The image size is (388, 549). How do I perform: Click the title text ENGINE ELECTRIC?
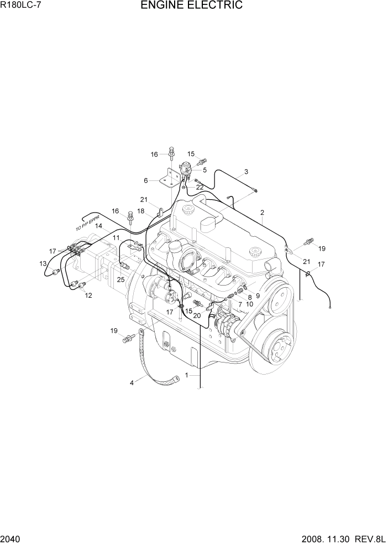click(191, 6)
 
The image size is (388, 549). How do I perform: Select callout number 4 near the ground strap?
click(132, 382)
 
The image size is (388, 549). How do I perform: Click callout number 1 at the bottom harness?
click(187, 375)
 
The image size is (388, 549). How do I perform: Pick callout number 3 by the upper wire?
click(246, 172)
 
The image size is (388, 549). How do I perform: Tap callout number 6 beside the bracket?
click(145, 180)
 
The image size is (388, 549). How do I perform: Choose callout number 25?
click(120, 279)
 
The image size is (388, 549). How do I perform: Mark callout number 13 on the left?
click(43, 264)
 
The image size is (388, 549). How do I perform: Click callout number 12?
click(88, 296)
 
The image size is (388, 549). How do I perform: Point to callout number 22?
click(200, 187)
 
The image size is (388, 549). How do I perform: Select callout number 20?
click(197, 315)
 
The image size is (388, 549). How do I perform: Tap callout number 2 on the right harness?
click(262, 213)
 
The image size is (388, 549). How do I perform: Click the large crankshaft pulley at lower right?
click(279, 351)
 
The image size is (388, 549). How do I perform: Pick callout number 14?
click(98, 226)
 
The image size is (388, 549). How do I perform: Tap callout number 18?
click(141, 211)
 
